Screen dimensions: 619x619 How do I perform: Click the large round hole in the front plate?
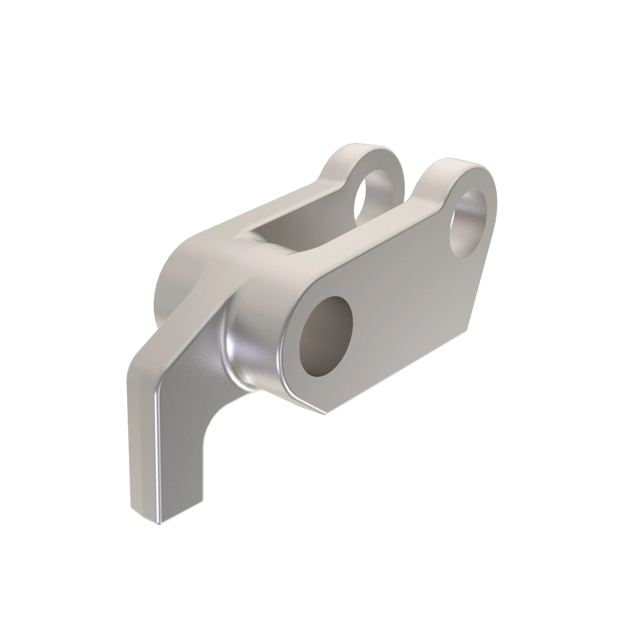pos(326,336)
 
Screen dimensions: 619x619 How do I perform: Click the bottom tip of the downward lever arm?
pos(160,522)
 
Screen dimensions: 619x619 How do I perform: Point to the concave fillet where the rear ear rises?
pos(333,183)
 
